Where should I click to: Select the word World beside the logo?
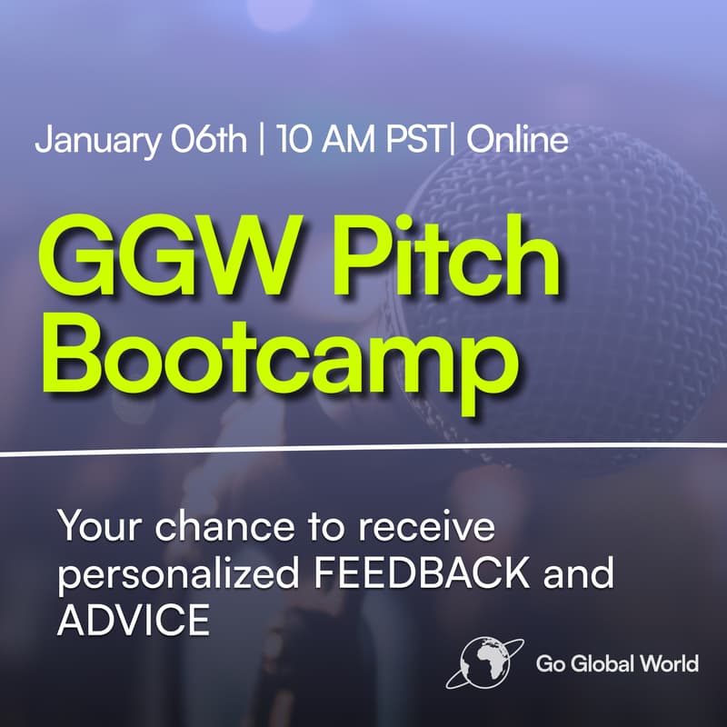(672, 663)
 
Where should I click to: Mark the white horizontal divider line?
(363, 450)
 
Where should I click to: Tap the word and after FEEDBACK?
(583, 574)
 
